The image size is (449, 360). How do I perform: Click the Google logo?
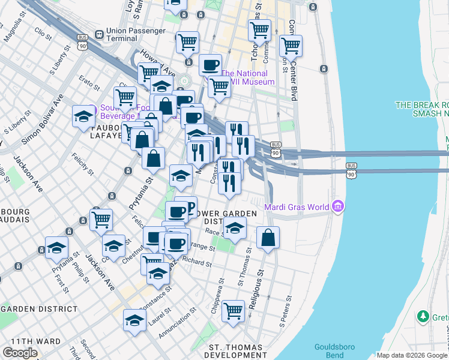point(20,352)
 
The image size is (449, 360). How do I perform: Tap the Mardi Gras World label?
point(297,208)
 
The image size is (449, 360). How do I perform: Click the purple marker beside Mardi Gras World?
point(338,208)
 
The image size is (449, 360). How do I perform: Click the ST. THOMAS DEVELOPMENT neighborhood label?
point(235,352)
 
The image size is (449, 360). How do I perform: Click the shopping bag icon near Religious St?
point(268,238)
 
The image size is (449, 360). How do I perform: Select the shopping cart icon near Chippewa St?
point(233,311)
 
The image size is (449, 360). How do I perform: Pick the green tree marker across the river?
point(424,316)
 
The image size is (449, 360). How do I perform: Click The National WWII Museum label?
point(247,78)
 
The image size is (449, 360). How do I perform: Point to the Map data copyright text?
point(412,355)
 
